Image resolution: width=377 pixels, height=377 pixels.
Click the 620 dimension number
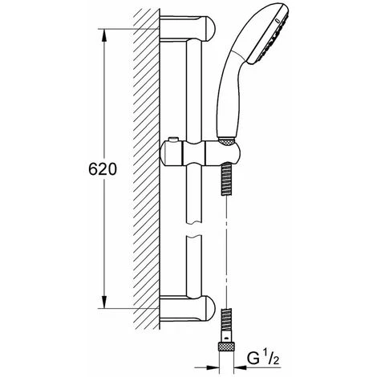tap(103, 169)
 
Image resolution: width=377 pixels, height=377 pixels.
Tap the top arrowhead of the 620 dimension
tap(104, 35)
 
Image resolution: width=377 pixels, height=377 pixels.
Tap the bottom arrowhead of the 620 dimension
tap(104, 302)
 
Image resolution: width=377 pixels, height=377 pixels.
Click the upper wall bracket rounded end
tap(210, 29)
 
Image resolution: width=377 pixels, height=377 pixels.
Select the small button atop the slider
tap(173, 140)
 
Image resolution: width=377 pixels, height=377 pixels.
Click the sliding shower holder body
tap(200, 155)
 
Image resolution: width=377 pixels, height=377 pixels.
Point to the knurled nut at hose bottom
tap(227, 347)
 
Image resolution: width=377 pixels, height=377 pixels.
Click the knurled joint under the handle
tap(227, 141)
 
